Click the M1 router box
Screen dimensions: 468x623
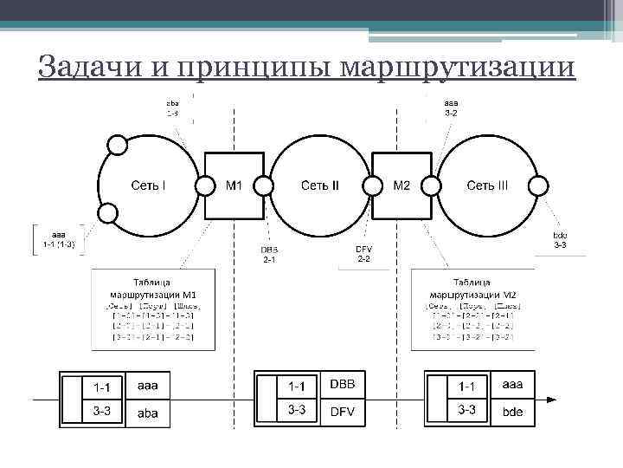234,185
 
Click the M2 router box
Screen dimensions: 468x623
402,185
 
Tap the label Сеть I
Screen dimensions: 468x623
149,185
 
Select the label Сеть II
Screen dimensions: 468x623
319,185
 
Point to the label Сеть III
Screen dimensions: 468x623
487,185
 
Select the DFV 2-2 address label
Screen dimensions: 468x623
363,254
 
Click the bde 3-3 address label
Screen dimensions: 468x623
560,240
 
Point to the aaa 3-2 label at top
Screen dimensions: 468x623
451,107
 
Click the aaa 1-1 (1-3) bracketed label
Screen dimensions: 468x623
59,239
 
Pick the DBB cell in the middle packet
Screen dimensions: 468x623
343,384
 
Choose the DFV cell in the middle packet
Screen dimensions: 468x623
343,412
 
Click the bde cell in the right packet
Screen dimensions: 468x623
513,412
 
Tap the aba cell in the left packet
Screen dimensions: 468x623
148,413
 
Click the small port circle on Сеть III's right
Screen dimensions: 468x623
539,185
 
